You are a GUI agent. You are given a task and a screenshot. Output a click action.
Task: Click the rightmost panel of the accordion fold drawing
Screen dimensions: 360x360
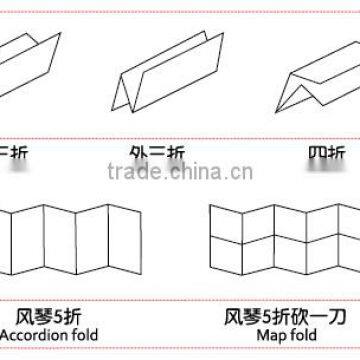pyautogui.click(x=128, y=242)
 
